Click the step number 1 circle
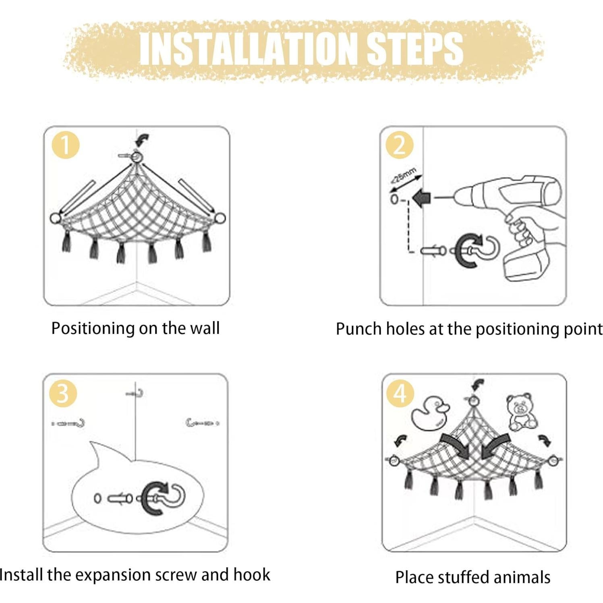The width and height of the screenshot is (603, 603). tap(66, 145)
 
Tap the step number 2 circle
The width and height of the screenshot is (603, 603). tap(399, 145)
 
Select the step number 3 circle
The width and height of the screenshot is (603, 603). tap(62, 393)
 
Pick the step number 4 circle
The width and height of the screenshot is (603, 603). tap(400, 393)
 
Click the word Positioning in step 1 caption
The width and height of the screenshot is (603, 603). tap(93, 328)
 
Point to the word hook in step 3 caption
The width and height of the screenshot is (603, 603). tap(252, 574)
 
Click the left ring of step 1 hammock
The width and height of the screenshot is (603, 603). tap(55, 218)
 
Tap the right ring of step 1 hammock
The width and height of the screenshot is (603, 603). tap(220, 218)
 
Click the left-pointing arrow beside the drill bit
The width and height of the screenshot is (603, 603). tap(422, 198)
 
